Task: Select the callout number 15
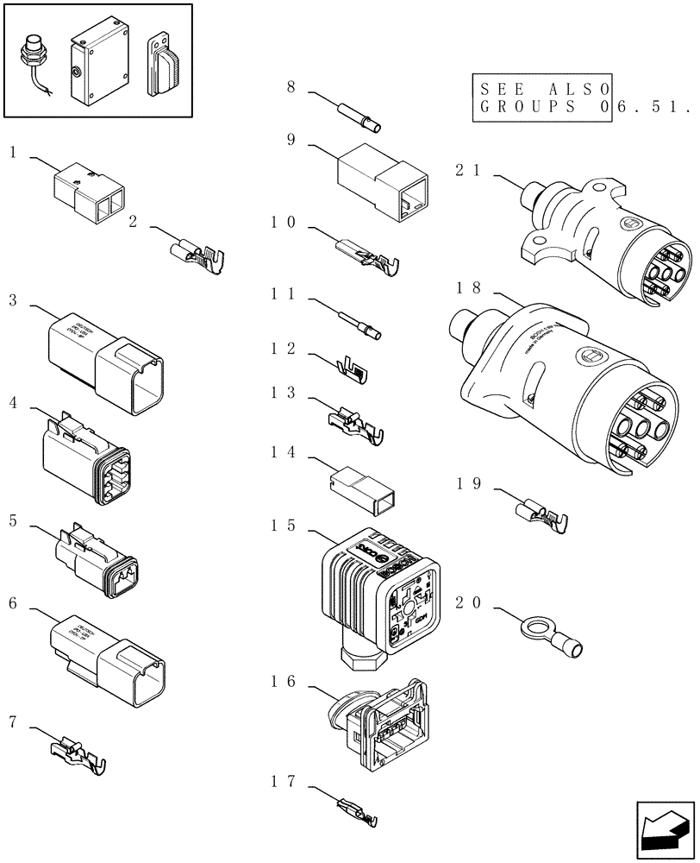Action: (x=284, y=526)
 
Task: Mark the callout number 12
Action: (x=284, y=350)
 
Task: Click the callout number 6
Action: (x=13, y=602)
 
